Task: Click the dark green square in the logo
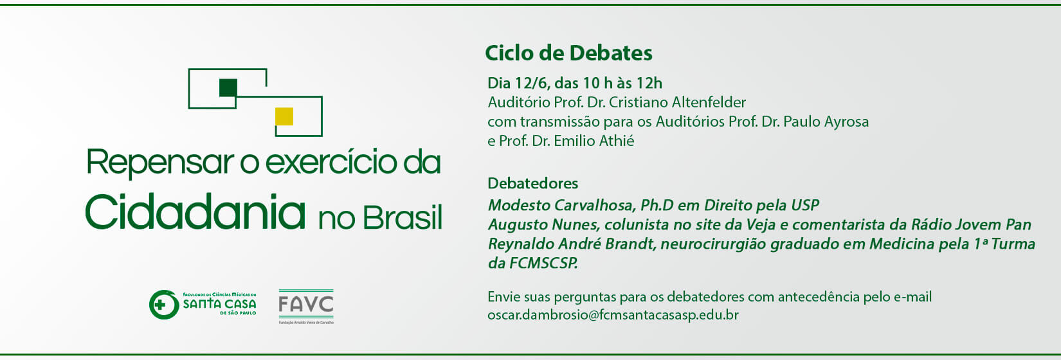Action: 228,87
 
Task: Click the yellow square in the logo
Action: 284,116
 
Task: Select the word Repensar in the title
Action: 161,163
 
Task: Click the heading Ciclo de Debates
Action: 568,53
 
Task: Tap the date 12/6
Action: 532,84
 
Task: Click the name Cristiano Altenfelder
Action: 677,102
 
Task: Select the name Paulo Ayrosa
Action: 826,122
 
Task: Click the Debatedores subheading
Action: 533,183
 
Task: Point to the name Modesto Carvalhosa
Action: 561,205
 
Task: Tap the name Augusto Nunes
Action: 542,224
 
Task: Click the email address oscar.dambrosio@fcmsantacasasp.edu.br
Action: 613,315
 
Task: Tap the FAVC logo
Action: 306,307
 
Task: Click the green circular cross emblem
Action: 164,305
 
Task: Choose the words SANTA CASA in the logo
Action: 219,304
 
